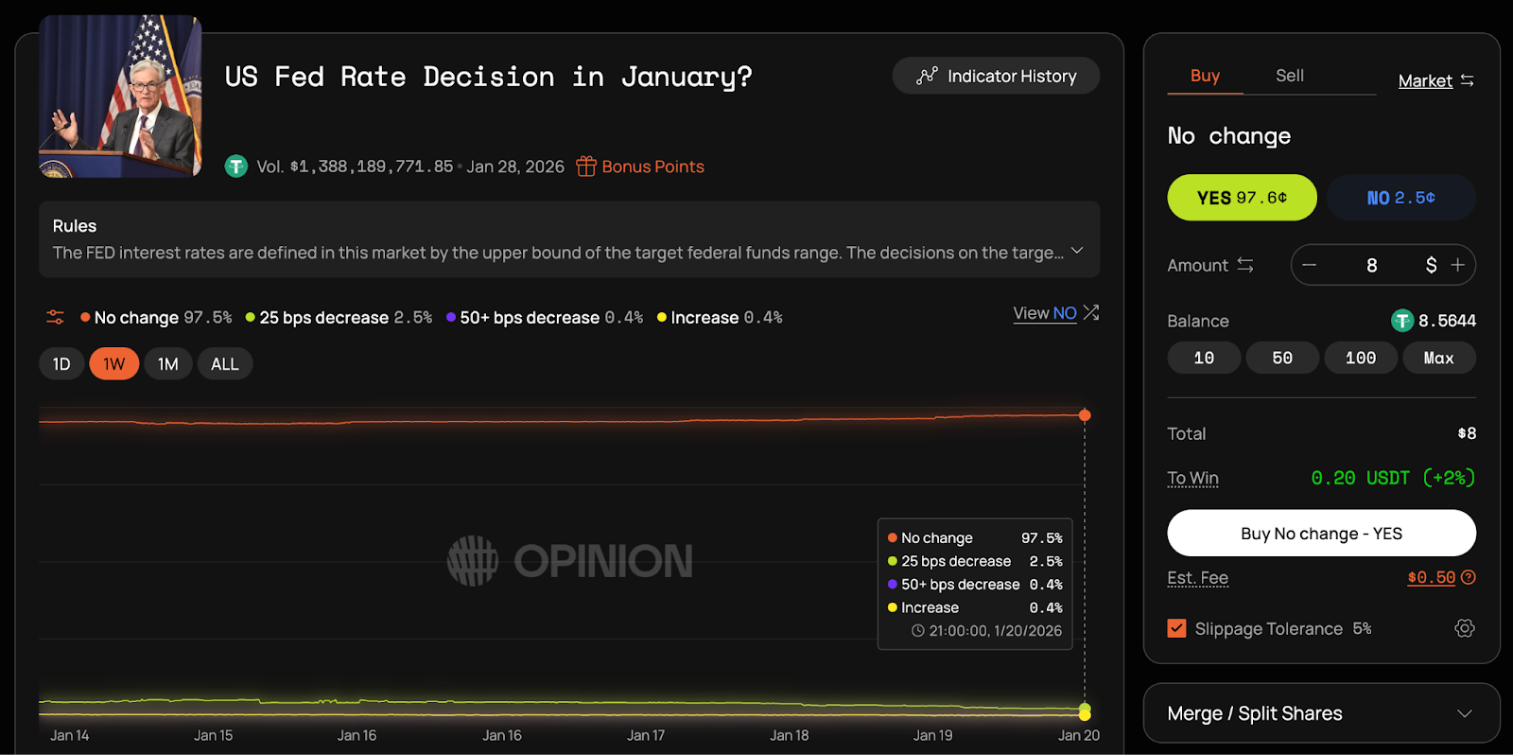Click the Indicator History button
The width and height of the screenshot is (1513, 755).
tap(996, 76)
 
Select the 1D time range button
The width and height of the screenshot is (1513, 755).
tap(61, 364)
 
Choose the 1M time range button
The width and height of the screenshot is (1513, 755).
tap(168, 364)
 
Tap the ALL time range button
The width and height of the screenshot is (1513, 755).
tap(225, 364)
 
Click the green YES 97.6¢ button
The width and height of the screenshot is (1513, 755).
tap(1242, 198)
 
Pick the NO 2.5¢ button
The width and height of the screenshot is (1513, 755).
tap(1400, 198)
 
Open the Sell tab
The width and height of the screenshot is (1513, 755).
tap(1289, 76)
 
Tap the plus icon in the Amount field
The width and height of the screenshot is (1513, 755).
tap(1457, 265)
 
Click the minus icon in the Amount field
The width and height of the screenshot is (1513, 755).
tap(1310, 265)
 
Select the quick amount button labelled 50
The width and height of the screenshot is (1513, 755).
tap(1282, 358)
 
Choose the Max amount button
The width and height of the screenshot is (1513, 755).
tap(1438, 358)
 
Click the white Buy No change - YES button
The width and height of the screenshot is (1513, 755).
tap(1321, 534)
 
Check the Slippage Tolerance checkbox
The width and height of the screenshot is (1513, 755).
tap(1176, 628)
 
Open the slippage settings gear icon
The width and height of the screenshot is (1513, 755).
tap(1465, 628)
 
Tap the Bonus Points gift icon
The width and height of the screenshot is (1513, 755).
tap(586, 167)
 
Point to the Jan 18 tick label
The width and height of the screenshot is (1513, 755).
tap(790, 735)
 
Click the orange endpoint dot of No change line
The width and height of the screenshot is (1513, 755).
tap(1085, 415)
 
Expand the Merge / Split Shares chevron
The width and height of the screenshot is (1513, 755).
tap(1465, 713)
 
